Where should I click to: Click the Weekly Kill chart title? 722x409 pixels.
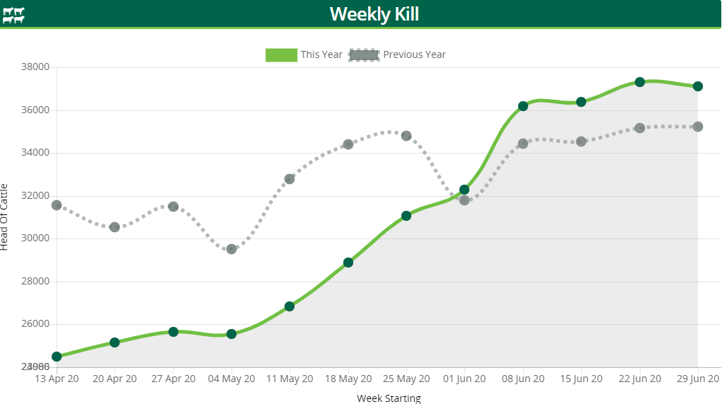point(374,13)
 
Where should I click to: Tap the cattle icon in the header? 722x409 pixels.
point(13,15)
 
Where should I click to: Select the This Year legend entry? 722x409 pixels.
point(304,54)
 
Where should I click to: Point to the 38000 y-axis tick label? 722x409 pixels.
point(35,67)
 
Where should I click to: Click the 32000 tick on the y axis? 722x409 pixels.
point(35,195)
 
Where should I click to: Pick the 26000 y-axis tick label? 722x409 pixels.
point(35,324)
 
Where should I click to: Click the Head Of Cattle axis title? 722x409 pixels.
point(5,217)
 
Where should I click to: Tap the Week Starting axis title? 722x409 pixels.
point(389,398)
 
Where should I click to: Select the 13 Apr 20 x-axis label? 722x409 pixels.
point(57,379)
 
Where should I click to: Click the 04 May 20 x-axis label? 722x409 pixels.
point(231,379)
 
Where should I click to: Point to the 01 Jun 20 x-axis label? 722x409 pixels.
point(464,379)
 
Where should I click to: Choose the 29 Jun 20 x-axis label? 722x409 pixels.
point(697,379)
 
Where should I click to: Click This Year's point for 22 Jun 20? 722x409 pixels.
point(640,82)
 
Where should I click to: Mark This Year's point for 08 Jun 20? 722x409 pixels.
point(523,106)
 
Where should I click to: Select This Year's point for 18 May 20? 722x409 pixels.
point(348,263)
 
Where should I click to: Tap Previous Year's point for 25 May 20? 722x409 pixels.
point(406,136)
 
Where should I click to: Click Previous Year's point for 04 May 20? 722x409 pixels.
point(231,249)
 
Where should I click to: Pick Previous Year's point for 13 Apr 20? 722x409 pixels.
point(57,205)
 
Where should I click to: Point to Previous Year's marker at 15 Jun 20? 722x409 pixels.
point(581,142)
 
